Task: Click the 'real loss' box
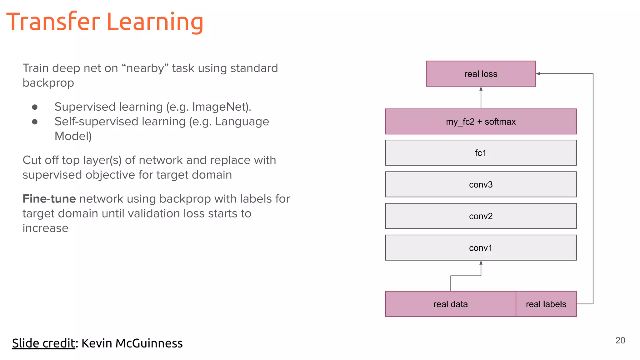click(481, 74)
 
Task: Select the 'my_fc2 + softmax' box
click(481, 122)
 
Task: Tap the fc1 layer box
click(481, 153)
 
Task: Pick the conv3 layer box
click(481, 184)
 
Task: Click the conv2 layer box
click(481, 216)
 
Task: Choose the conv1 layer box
click(481, 248)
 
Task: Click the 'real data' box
click(450, 304)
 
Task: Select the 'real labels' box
click(546, 304)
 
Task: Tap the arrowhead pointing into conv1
click(481, 263)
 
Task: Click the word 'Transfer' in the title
click(53, 22)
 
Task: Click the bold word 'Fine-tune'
click(49, 199)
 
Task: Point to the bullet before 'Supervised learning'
click(35, 107)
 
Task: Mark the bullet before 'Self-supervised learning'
click(35, 122)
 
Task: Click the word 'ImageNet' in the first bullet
click(220, 107)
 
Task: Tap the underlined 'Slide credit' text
click(43, 343)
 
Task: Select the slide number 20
click(620, 340)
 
